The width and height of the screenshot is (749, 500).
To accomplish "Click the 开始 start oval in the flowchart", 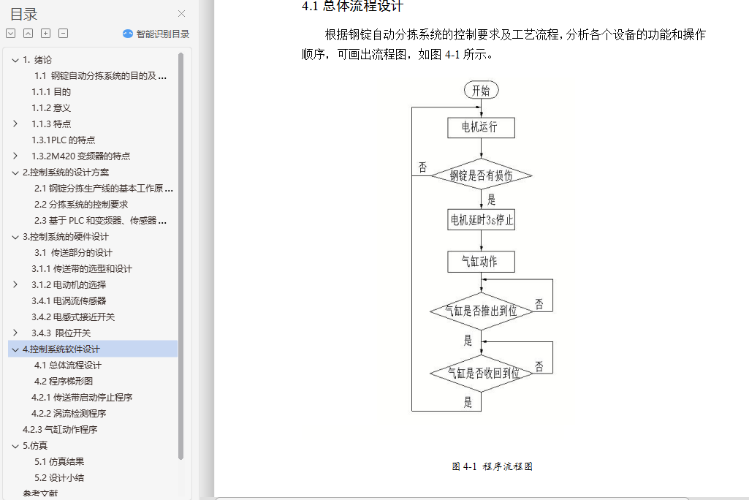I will pyautogui.click(x=481, y=90).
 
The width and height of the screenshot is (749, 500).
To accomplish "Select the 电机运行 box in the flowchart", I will pyautogui.click(x=481, y=127).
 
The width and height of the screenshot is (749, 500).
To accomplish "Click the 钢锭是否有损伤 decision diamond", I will pyautogui.click(x=481, y=175).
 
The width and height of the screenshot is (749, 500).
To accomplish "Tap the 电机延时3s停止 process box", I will pyautogui.click(x=481, y=219).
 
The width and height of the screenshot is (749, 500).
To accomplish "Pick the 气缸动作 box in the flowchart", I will pyautogui.click(x=481, y=261).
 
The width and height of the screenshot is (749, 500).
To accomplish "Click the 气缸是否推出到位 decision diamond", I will pyautogui.click(x=481, y=311).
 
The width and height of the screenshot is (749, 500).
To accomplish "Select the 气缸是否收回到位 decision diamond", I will pyautogui.click(x=481, y=373).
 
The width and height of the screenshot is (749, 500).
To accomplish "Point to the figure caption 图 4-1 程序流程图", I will pyautogui.click(x=492, y=466).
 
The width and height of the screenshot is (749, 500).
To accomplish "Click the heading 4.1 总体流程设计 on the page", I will pyautogui.click(x=352, y=7).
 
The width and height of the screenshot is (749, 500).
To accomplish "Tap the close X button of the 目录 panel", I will pyautogui.click(x=182, y=13).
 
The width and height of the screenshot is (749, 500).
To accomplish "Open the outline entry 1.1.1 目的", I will pyautogui.click(x=51, y=91).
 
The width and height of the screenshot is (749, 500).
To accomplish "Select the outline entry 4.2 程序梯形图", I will pyautogui.click(x=64, y=381).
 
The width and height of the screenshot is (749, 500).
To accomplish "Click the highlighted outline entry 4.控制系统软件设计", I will pyautogui.click(x=61, y=349).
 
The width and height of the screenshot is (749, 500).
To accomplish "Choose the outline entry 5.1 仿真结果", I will pyautogui.click(x=59, y=461).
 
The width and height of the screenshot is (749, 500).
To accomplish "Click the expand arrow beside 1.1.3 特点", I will pyautogui.click(x=15, y=124).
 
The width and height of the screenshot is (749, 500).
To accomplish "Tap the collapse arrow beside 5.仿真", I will pyautogui.click(x=15, y=445).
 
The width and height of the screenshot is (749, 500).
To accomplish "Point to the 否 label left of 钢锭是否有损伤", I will pyautogui.click(x=422, y=167).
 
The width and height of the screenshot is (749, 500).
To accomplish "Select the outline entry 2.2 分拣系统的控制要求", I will pyautogui.click(x=81, y=204).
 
